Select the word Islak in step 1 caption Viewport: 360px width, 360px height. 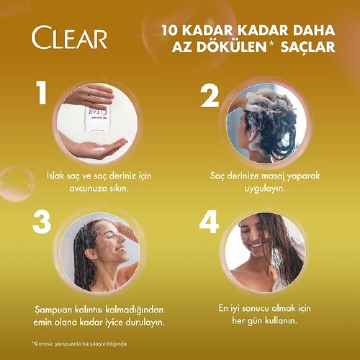pyautogui.click(x=54, y=176)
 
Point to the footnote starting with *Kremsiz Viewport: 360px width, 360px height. pyautogui.click(x=79, y=344)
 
